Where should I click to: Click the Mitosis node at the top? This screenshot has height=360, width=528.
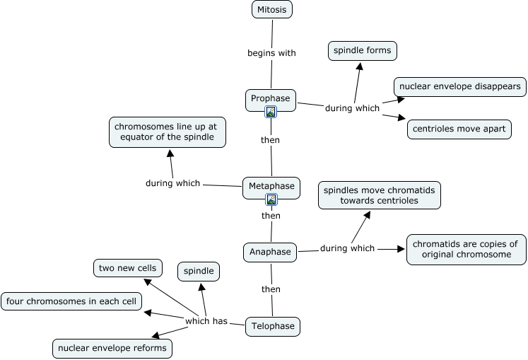click(272, 9)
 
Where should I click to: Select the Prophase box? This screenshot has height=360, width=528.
click(270, 98)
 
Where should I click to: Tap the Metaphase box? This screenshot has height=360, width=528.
click(271, 187)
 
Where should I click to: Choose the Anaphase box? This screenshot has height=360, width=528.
click(270, 251)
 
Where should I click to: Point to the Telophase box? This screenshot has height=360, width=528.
click(272, 326)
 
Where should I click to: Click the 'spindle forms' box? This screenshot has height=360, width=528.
click(363, 51)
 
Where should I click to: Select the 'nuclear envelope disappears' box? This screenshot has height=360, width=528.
click(459, 86)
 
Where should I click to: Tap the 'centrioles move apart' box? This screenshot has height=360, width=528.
click(459, 129)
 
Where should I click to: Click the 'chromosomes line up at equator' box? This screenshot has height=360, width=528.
click(168, 132)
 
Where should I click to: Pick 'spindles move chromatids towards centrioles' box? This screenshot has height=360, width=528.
click(379, 194)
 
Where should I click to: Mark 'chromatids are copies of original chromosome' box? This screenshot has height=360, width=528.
click(466, 249)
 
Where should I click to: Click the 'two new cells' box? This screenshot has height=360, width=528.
click(128, 268)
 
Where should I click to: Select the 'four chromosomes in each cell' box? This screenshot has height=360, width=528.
click(71, 301)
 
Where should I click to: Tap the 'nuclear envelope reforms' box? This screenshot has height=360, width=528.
click(112, 348)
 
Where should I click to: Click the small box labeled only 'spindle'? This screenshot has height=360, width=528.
click(199, 271)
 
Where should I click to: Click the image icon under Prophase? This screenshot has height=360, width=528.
click(271, 111)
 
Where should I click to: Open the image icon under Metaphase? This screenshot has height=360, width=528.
click(271, 199)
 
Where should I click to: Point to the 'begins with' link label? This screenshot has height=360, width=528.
click(271, 53)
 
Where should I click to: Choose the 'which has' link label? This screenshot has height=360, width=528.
click(206, 321)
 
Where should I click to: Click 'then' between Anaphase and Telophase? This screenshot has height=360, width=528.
click(271, 289)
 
